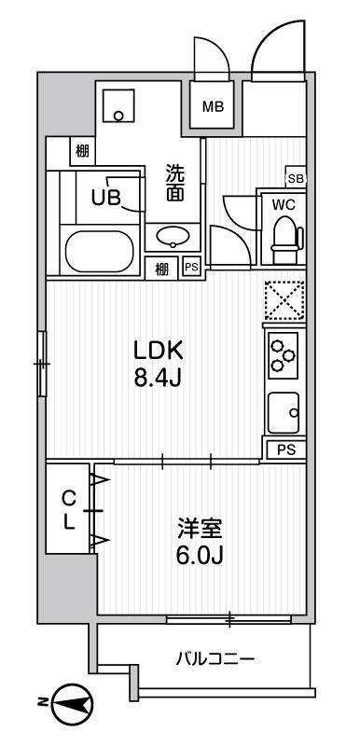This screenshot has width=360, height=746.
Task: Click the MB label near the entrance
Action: (215, 105)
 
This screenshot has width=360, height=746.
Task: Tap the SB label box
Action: (295, 177)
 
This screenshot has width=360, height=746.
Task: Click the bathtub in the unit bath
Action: (100, 250)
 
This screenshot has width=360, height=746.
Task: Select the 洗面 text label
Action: (174, 183)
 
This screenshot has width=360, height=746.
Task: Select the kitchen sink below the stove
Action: (283, 410)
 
